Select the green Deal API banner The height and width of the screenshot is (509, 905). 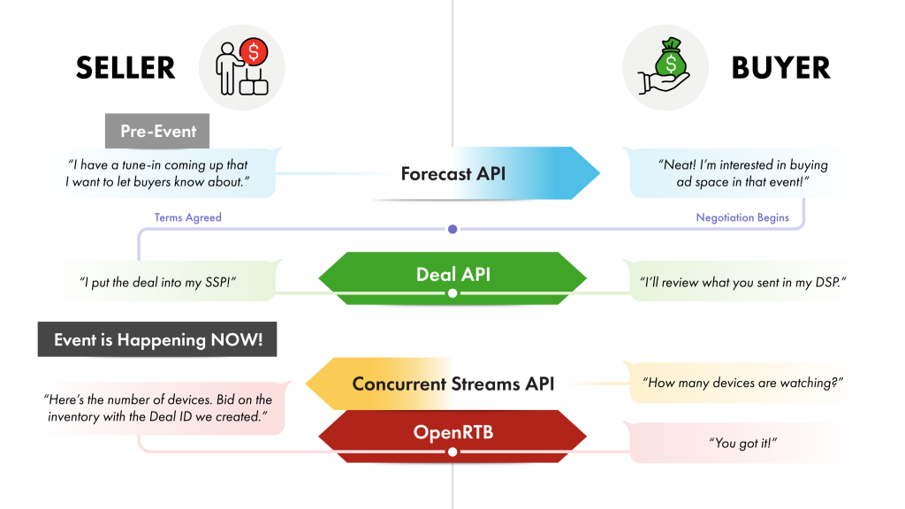click(452, 274)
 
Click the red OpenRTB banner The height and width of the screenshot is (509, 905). click(452, 433)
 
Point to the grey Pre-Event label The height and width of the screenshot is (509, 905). click(158, 132)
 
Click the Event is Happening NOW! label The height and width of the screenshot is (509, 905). click(157, 340)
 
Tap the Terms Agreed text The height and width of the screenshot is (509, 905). click(187, 217)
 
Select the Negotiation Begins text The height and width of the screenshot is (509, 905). click(741, 217)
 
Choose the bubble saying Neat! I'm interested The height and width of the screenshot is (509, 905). click(742, 173)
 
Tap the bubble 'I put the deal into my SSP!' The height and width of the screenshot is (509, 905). click(159, 282)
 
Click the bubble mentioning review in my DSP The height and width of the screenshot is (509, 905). click(742, 282)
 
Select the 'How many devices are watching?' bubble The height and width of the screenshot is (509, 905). click(742, 383)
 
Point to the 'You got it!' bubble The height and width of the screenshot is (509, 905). click(742, 443)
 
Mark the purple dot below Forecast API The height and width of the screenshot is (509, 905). click(452, 230)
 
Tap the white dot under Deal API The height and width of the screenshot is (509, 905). click(452, 292)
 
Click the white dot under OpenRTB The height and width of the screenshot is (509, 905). click(452, 452)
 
